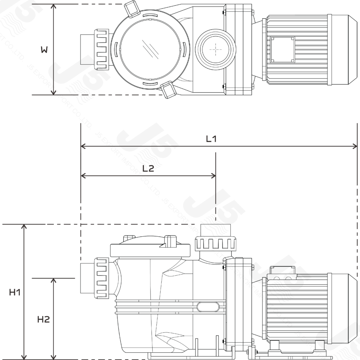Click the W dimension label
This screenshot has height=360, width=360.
[44, 50]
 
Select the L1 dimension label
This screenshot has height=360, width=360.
[211, 139]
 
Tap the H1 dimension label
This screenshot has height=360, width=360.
[14, 292]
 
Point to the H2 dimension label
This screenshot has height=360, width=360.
[44, 319]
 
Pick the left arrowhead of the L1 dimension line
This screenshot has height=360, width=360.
[84, 146]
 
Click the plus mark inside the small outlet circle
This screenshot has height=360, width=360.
[214, 50]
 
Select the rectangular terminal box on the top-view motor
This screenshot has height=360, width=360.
[282, 49]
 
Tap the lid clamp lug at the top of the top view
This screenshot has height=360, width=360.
[131, 8]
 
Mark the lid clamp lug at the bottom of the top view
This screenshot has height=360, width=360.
[169, 91]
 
